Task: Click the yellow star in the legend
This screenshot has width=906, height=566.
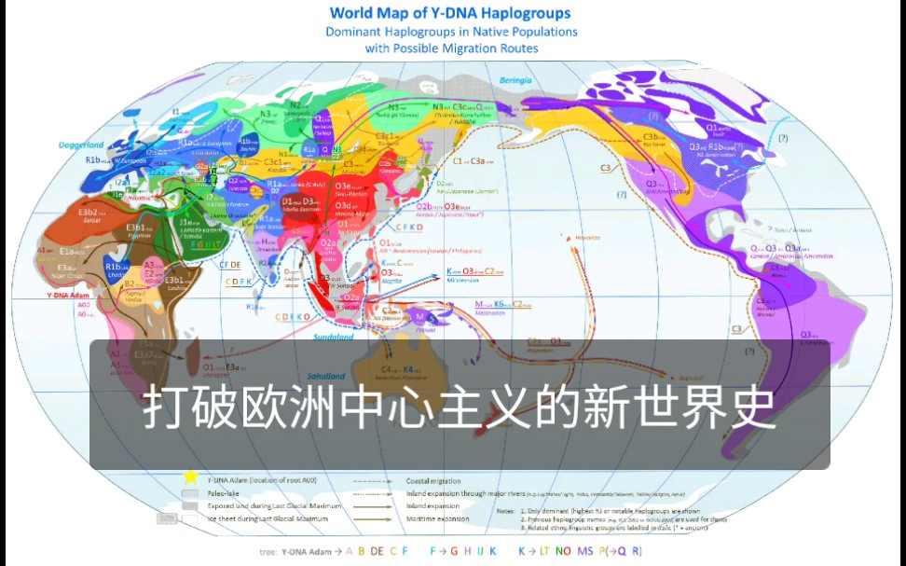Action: pyautogui.click(x=191, y=477)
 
